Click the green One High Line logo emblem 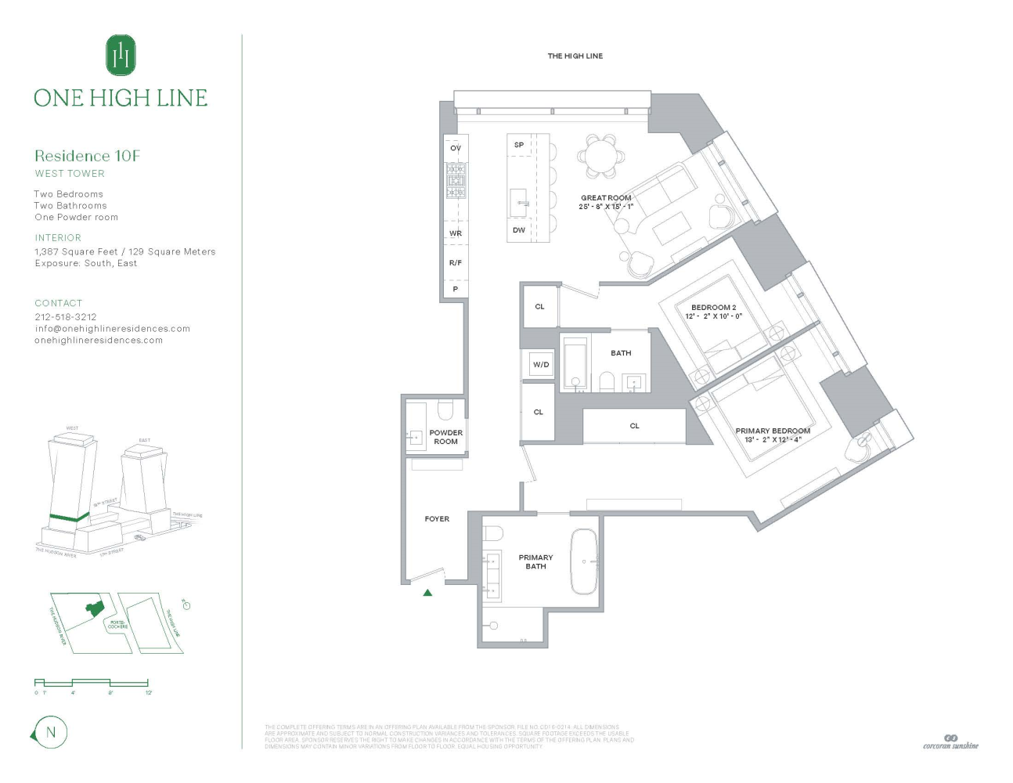pyautogui.click(x=121, y=56)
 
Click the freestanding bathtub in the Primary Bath pyautogui.click(x=583, y=561)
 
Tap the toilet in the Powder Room pyautogui.click(x=445, y=410)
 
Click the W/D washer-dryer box pyautogui.click(x=540, y=364)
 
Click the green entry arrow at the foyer pyautogui.click(x=427, y=593)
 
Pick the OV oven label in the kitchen pyautogui.click(x=456, y=148)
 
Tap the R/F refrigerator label pyautogui.click(x=456, y=263)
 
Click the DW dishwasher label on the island pyautogui.click(x=519, y=230)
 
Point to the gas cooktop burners pyautogui.click(x=456, y=180)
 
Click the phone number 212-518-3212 pyautogui.click(x=66, y=317)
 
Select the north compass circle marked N pyautogui.click(x=51, y=733)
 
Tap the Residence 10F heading pyautogui.click(x=87, y=156)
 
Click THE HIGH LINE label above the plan pyautogui.click(x=575, y=56)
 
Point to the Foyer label pyautogui.click(x=437, y=519)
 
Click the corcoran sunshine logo pyautogui.click(x=950, y=742)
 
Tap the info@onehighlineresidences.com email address pyautogui.click(x=112, y=329)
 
